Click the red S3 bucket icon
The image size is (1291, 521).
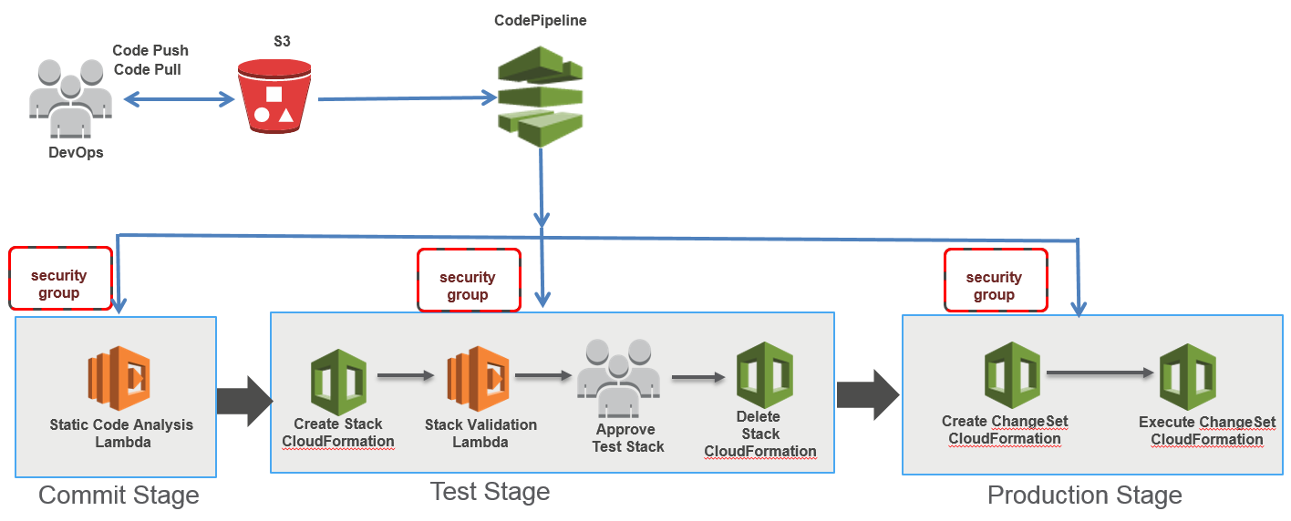click(274, 97)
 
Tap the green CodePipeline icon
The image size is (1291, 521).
click(540, 97)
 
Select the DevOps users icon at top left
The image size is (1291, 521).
click(70, 98)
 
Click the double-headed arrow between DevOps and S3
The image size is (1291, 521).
click(180, 99)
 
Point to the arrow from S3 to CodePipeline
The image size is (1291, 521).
click(408, 98)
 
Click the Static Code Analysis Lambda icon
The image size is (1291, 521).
click(119, 378)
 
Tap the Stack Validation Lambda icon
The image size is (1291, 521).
click(478, 378)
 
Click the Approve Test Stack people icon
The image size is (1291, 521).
click(618, 378)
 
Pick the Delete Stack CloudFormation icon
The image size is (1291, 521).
click(765, 374)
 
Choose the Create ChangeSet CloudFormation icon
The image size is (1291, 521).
click(1012, 374)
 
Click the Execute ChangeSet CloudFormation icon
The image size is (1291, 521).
click(1188, 377)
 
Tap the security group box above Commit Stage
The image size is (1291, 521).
click(60, 279)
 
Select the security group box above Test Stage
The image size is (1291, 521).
click(470, 281)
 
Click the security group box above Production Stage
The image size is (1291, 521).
click(996, 281)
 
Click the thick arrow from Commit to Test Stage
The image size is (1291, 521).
click(244, 402)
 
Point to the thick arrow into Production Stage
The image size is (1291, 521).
click(868, 395)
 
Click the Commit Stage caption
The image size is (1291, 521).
click(119, 495)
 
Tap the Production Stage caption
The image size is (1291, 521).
click(1085, 495)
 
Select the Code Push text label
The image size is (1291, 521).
click(150, 51)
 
